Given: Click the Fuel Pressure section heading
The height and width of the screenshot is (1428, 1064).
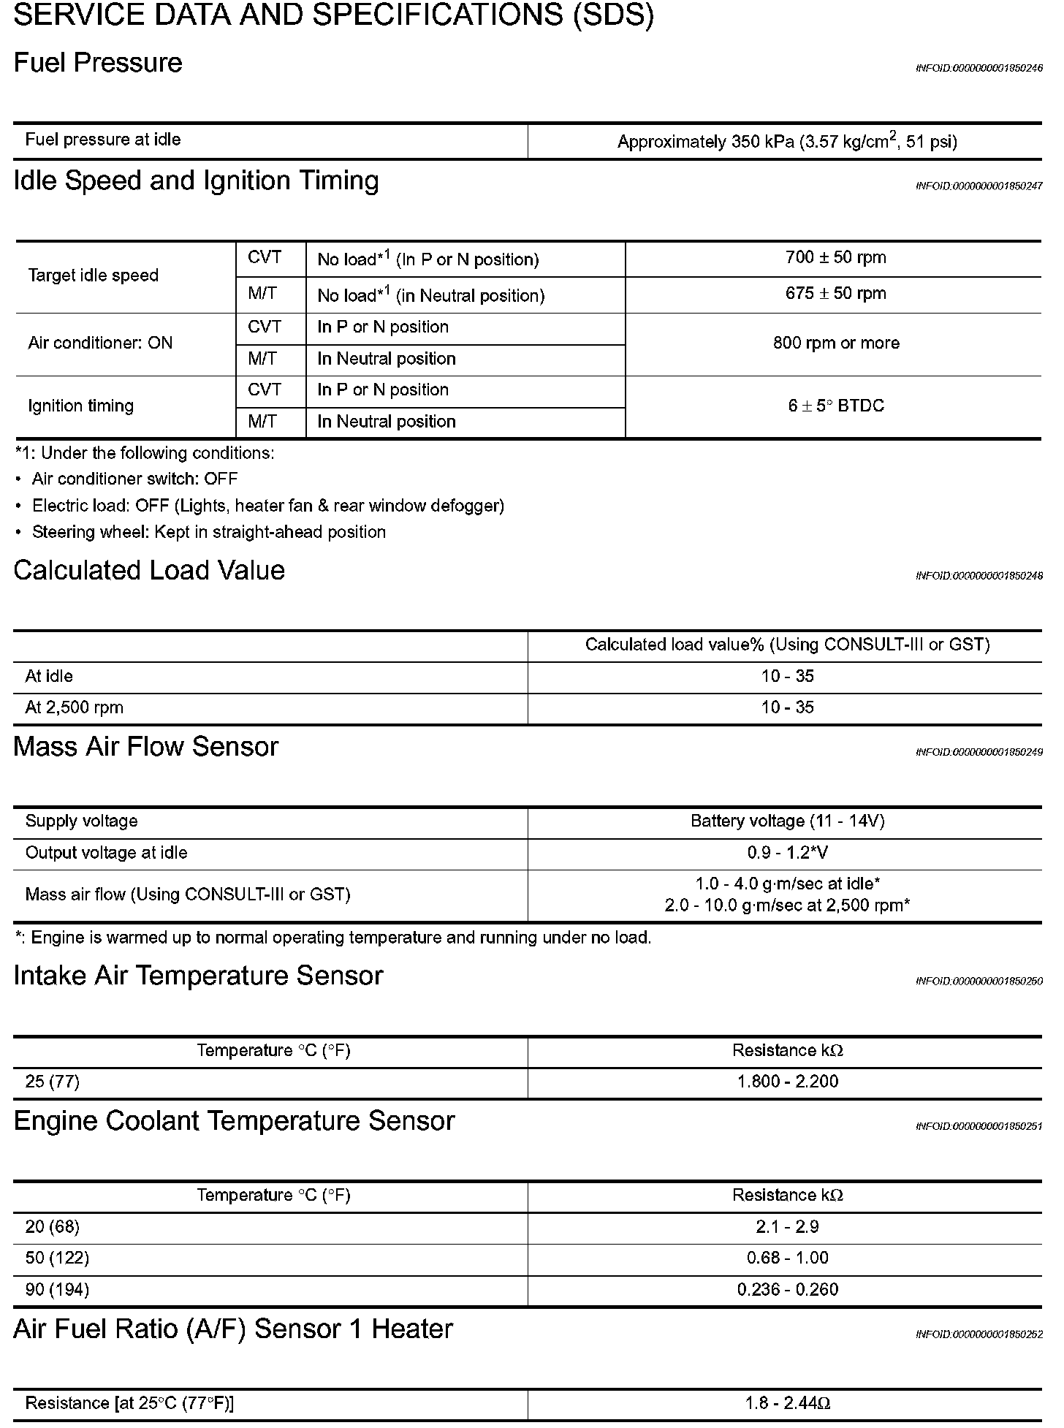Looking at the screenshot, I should pos(98,63).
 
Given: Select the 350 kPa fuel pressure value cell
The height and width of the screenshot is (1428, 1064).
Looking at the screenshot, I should pos(786,141).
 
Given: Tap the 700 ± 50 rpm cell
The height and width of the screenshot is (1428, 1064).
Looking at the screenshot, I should pos(835,257).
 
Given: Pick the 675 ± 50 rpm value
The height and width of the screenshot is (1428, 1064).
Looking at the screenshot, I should pos(835,294).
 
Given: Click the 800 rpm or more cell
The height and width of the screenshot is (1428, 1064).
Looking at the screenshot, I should pos(835,343).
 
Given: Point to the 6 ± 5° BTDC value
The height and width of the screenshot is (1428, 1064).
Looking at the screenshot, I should pos(835,406).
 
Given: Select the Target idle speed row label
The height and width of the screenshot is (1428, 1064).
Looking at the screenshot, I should pos(93,276).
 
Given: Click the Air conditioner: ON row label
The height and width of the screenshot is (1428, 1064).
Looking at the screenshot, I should pos(100,343).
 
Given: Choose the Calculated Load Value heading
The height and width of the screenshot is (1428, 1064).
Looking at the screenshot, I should pos(149,571).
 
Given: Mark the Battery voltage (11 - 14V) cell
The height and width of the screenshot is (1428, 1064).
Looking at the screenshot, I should pos(787,821).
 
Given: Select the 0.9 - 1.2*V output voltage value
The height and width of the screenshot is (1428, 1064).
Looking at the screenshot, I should pos(787,853).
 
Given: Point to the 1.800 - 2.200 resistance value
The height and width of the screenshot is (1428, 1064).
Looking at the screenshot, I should pos(787,1082).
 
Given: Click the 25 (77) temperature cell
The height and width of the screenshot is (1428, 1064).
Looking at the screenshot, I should pos(52,1082).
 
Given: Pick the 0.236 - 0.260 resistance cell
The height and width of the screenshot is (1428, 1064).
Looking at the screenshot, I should pos(787,1289).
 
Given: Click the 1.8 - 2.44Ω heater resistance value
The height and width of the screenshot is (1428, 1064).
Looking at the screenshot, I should pos(787,1403).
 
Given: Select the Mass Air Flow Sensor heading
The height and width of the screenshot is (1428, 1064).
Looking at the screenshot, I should pos(145,747).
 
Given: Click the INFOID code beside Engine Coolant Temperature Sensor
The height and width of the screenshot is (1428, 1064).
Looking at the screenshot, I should pos(978,1126).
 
